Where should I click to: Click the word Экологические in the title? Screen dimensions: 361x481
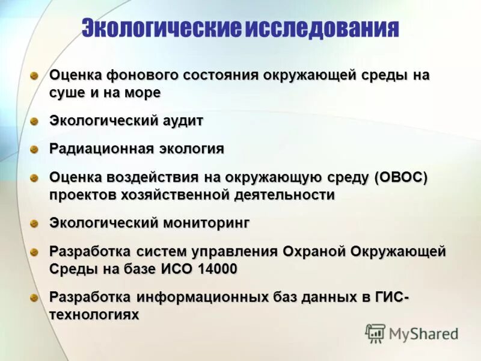161,28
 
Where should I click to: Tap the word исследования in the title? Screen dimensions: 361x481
321,28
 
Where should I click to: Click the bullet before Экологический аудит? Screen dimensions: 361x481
35,121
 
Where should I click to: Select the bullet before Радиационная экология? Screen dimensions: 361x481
35,149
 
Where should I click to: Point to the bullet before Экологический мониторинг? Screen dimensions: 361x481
35,223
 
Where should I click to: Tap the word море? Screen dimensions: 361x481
143,93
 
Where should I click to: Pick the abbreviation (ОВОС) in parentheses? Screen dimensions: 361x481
400,177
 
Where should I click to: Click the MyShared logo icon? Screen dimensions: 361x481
375,333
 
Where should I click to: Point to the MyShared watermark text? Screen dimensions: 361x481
423,333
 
